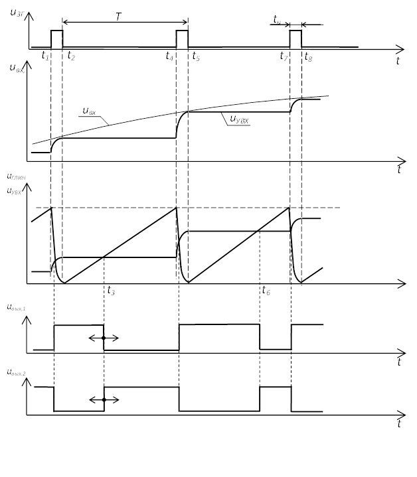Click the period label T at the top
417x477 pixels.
(x=118, y=17)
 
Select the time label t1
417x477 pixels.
(x=45, y=56)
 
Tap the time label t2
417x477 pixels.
(x=70, y=56)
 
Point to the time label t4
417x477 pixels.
(x=170, y=56)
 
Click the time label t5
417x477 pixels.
(x=196, y=56)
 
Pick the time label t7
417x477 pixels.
(x=284, y=56)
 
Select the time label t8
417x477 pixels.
(x=309, y=57)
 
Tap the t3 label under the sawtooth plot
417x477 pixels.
(x=112, y=290)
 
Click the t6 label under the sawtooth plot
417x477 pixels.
(x=266, y=290)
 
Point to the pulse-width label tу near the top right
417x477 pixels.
(x=277, y=21)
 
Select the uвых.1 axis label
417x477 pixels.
(x=17, y=308)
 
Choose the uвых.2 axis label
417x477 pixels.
(x=17, y=372)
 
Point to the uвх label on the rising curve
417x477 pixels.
(x=89, y=111)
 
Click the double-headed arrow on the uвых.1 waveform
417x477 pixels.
(x=104, y=338)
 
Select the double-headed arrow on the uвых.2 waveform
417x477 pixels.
(x=104, y=399)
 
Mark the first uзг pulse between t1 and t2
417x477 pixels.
(x=56, y=38)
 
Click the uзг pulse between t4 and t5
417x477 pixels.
(x=182, y=38)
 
